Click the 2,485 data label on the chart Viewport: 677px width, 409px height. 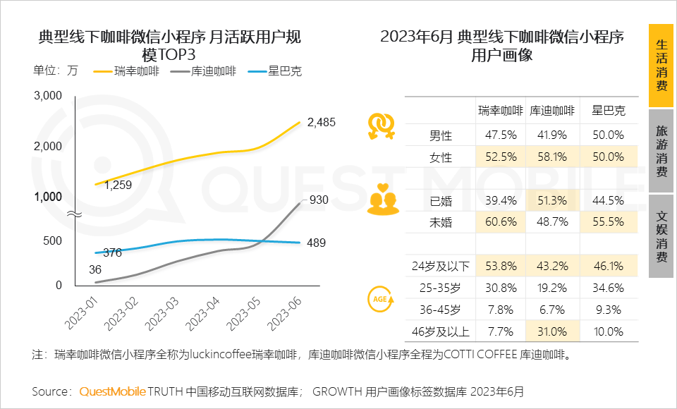pyautogui.click(x=322, y=122)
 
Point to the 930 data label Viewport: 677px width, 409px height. pyautogui.click(x=319, y=200)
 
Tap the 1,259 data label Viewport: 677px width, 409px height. pyautogui.click(x=118, y=185)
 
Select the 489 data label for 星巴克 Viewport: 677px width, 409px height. pyautogui.click(x=316, y=243)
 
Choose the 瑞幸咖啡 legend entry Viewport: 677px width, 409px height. pyautogui.click(x=137, y=71)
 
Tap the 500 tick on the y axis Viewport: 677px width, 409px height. pyautogui.click(x=53, y=240)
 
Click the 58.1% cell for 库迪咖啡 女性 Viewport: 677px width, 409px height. pyautogui.click(x=552, y=157)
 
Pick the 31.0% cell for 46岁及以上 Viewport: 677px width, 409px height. pyautogui.click(x=552, y=331)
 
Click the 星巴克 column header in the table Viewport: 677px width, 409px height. pyautogui.click(x=608, y=111)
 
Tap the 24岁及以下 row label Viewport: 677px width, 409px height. pyautogui.click(x=441, y=267)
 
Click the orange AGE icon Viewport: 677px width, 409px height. pyautogui.click(x=381, y=299)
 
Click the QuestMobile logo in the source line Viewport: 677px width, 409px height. pyautogui.click(x=112, y=391)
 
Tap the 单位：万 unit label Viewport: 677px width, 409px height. pyautogui.click(x=56, y=71)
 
